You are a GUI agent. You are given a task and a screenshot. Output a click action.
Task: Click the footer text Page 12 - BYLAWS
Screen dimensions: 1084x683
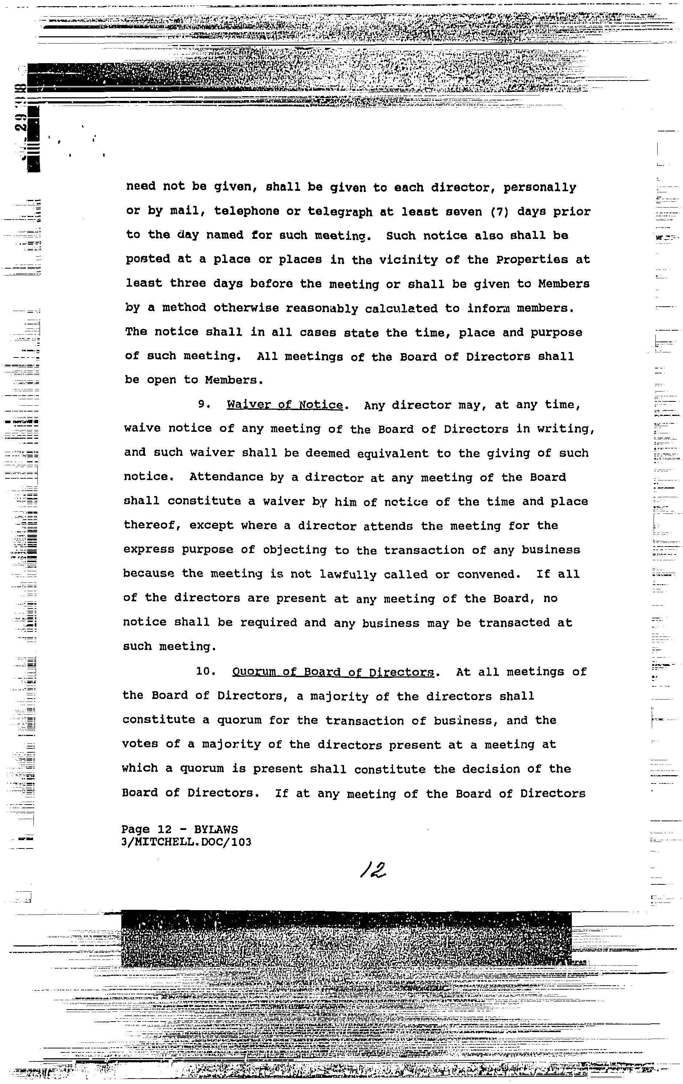tap(179, 829)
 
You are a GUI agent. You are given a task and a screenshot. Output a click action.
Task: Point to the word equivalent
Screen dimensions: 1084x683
tap(392, 453)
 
